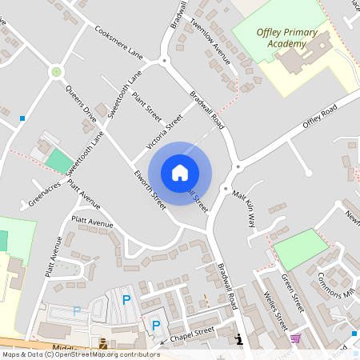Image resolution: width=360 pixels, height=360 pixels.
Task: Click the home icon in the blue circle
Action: (180, 172)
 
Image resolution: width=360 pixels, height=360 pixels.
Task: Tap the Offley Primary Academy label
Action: (287, 38)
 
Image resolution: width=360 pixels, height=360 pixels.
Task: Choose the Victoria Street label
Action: (165, 133)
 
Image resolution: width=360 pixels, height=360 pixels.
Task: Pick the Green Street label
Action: (294, 293)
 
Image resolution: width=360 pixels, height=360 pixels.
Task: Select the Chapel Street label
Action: (192, 330)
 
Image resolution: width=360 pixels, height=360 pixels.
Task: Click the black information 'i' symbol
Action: (238, 339)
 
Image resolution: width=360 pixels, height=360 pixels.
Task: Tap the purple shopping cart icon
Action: (295, 338)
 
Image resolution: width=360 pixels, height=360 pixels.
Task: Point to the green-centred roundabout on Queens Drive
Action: (56, 72)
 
